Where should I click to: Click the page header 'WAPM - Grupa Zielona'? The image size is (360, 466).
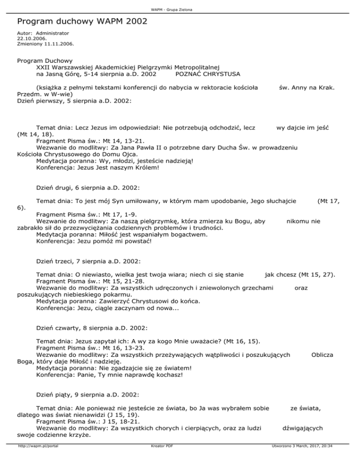tap(180, 10)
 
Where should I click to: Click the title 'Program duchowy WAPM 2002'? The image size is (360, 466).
tap(82, 22)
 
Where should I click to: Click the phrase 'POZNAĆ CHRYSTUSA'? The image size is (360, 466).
tap(208, 74)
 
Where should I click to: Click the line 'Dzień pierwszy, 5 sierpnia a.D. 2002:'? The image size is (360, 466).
tap(74, 100)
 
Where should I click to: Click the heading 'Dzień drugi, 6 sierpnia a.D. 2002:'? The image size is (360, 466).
tap(87, 188)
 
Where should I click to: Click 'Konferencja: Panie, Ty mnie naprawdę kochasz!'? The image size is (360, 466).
tap(109, 375)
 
